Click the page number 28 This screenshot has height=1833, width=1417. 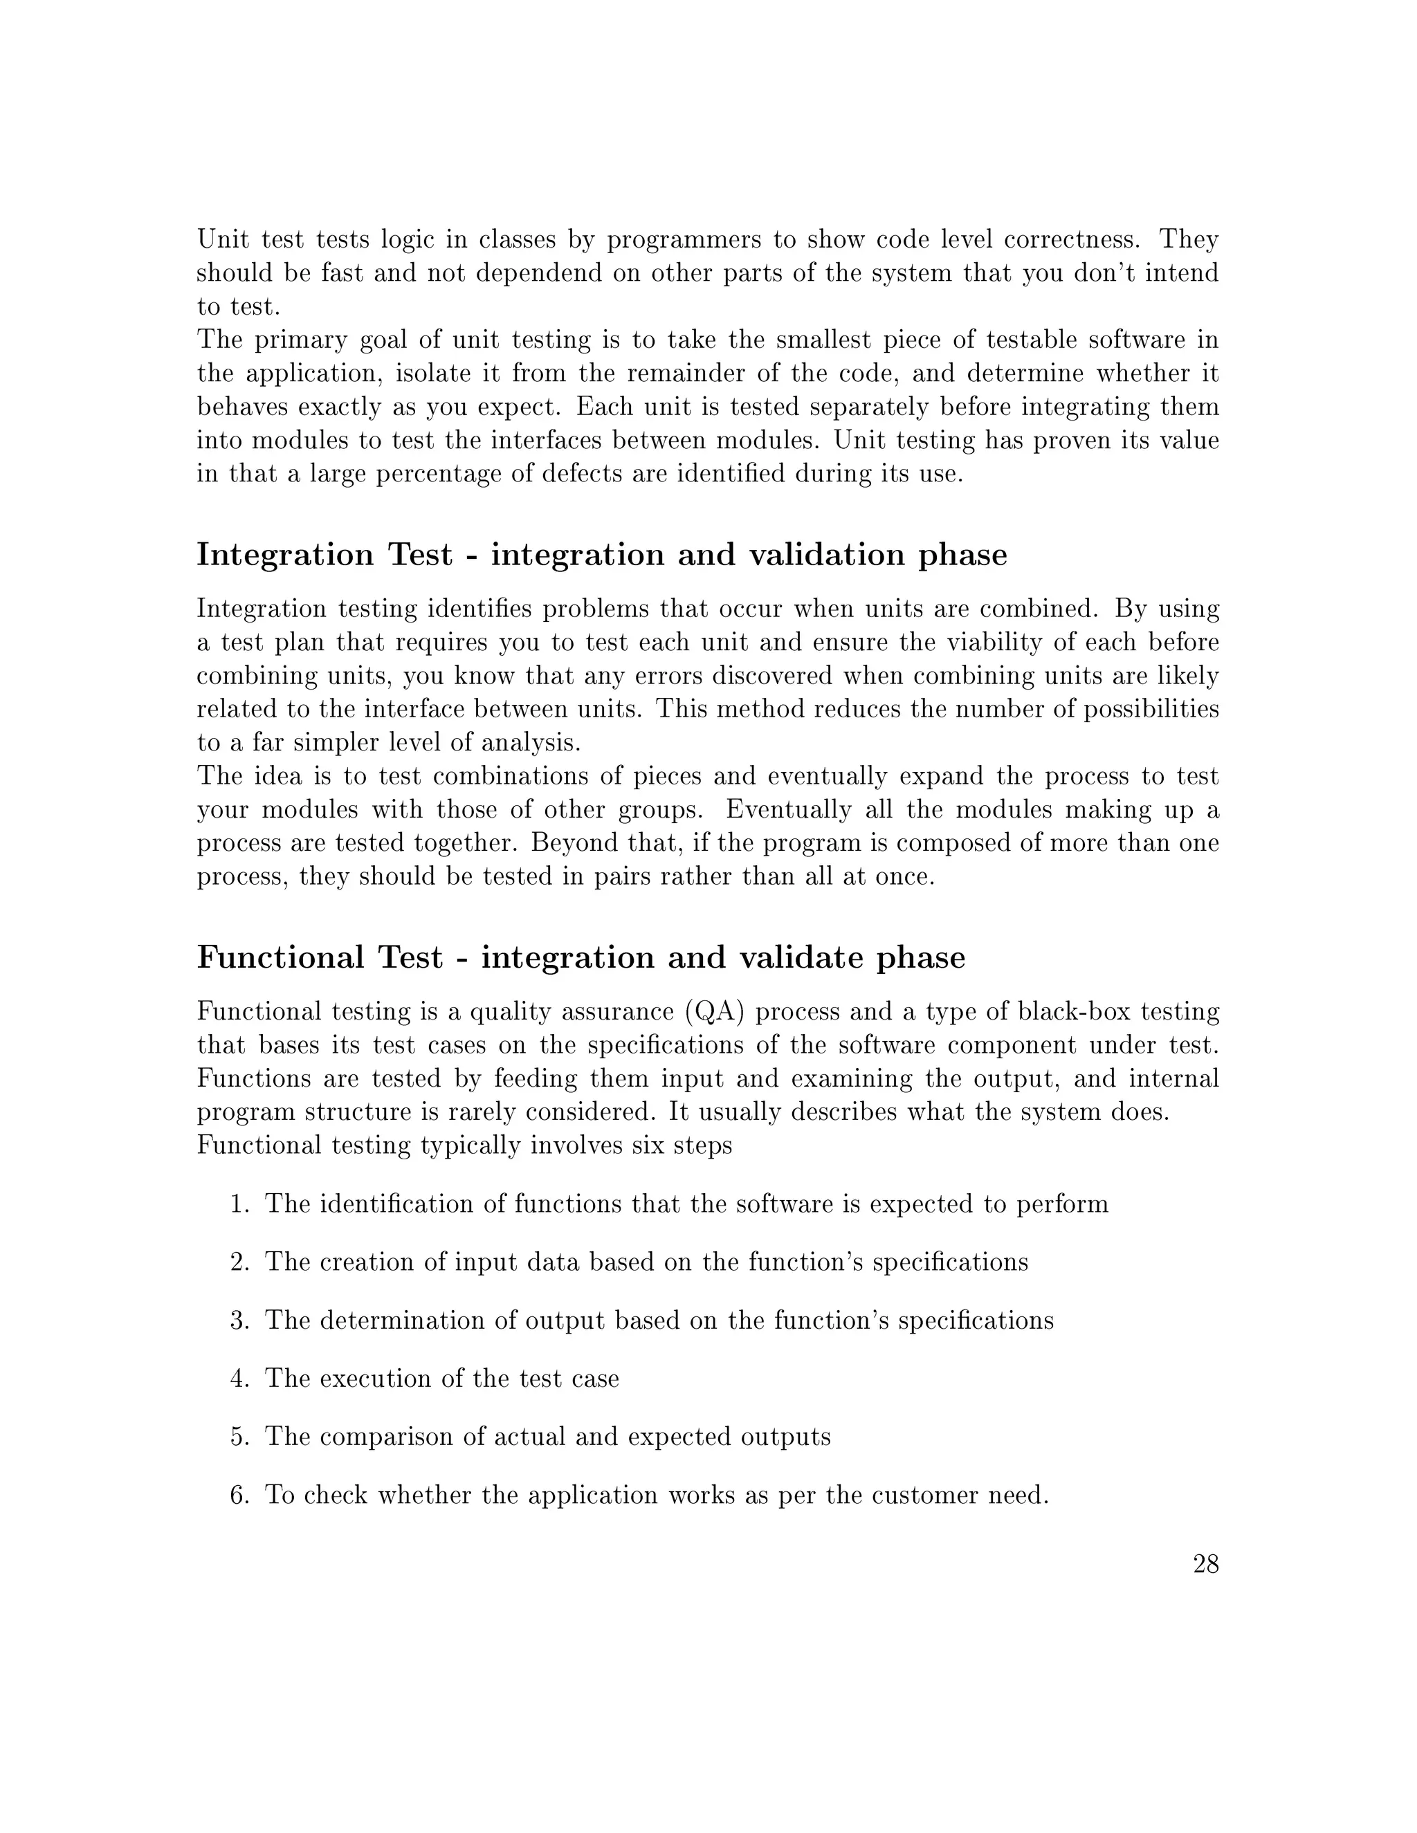(x=1205, y=1565)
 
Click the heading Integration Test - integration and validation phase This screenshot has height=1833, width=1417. (x=601, y=555)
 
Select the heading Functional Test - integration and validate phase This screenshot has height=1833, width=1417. (x=581, y=957)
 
